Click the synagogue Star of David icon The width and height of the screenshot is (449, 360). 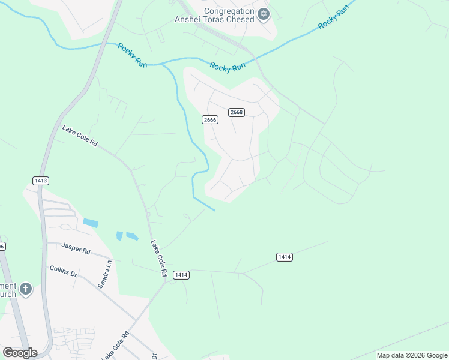click(x=263, y=14)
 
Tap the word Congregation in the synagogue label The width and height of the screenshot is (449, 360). click(x=229, y=11)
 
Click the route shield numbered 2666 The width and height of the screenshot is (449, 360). click(x=209, y=120)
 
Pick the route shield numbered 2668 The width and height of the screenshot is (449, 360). click(x=236, y=112)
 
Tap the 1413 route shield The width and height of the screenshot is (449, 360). click(x=41, y=180)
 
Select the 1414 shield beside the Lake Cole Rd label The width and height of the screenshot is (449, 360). click(x=181, y=275)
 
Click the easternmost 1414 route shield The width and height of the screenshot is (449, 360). click(x=285, y=257)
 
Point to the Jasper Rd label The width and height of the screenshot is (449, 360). click(x=76, y=248)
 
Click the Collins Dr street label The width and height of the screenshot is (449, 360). click(x=64, y=271)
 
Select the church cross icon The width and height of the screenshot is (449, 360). click(x=25, y=290)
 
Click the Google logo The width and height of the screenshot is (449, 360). click(x=20, y=353)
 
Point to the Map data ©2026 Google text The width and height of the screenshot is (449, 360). click(x=412, y=355)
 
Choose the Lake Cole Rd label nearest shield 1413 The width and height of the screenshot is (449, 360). click(x=79, y=136)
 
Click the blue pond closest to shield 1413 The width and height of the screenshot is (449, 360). click(x=91, y=223)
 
